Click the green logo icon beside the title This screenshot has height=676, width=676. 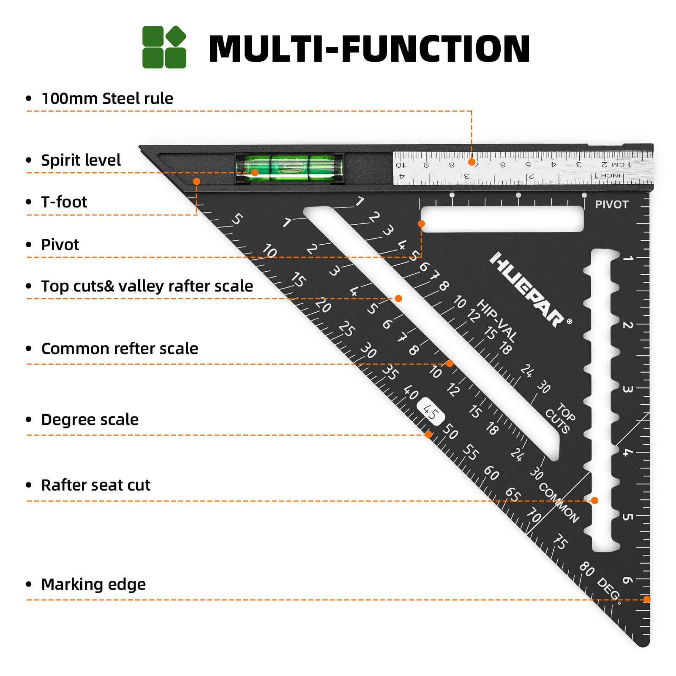click(x=164, y=47)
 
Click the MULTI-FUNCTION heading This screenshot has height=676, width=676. click(x=369, y=49)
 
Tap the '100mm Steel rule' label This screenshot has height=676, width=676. click(x=107, y=98)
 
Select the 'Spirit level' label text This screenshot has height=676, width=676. click(x=81, y=160)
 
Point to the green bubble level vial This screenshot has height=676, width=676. click(x=289, y=168)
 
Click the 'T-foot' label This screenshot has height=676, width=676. click(x=64, y=202)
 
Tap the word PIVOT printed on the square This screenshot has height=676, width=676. click(x=611, y=204)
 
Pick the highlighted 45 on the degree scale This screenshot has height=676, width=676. click(x=430, y=412)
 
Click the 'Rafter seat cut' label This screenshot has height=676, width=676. click(x=95, y=485)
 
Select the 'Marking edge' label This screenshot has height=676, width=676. click(x=93, y=584)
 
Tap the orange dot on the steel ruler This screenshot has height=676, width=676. click(x=472, y=162)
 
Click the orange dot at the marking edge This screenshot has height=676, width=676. click(x=646, y=599)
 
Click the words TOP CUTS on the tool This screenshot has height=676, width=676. click(x=560, y=418)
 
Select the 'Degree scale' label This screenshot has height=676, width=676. click(x=90, y=420)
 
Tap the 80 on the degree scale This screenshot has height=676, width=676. click(x=587, y=569)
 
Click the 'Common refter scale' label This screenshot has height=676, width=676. click(x=120, y=349)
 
